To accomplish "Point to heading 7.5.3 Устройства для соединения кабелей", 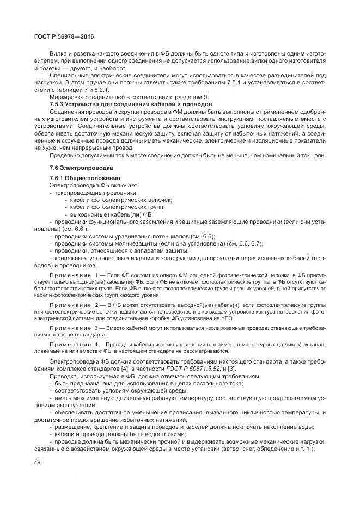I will tap(131, 103).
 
